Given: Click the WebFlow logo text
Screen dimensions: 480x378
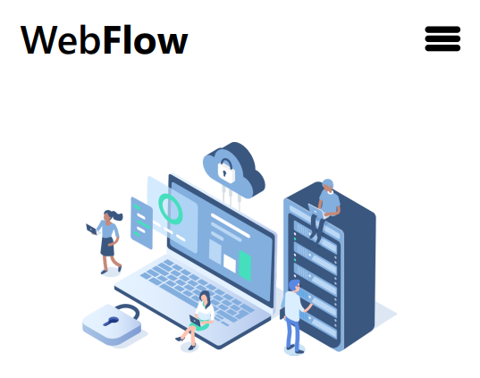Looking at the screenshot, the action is click(x=104, y=40).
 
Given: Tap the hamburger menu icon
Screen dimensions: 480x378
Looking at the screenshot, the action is click(x=442, y=38).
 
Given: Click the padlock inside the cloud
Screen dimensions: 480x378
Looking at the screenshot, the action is click(x=226, y=171).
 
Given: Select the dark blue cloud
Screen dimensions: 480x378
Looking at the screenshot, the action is click(x=234, y=169).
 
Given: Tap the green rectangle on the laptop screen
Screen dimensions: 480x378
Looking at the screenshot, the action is click(x=245, y=265).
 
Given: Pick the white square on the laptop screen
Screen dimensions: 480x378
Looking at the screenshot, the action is click(x=230, y=263).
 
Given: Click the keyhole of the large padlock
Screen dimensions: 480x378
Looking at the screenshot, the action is click(x=111, y=321).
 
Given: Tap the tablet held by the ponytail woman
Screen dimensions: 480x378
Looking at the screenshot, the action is click(x=91, y=229).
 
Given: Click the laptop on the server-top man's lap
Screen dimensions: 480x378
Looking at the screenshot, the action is click(x=316, y=211).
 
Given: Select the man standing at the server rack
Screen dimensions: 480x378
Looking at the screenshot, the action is click(x=294, y=316).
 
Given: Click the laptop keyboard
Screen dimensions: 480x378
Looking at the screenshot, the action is click(x=198, y=291).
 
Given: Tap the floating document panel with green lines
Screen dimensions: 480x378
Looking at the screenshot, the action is click(x=141, y=223).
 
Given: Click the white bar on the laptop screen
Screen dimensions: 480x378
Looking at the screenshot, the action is click(x=231, y=225).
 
